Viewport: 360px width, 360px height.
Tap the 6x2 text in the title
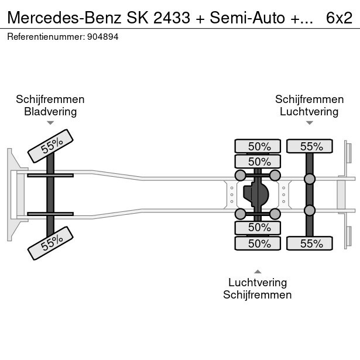click(339, 18)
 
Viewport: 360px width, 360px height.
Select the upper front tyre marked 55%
click(51, 146)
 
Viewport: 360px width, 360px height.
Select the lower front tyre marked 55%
click(51, 242)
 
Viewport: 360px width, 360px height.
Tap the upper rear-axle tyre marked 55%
click(310, 146)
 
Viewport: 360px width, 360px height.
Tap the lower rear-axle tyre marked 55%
click(310, 244)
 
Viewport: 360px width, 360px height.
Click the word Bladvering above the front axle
click(50, 111)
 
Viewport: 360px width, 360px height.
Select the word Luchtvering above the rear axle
click(309, 111)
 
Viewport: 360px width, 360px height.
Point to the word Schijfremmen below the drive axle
click(258, 294)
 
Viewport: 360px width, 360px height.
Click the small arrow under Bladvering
click(50, 123)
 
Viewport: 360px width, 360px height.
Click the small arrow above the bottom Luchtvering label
click(258, 271)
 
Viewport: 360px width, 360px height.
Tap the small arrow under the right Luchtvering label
click(309, 123)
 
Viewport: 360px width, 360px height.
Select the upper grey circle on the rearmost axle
click(310, 179)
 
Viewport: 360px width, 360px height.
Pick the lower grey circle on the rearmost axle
click(310, 210)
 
